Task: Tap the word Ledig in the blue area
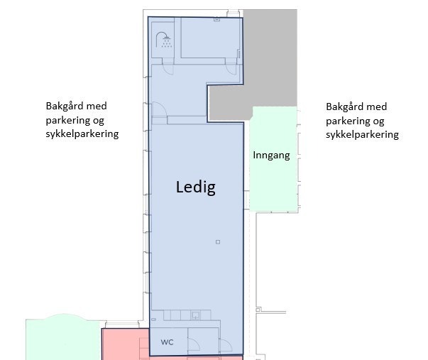(x=195, y=188)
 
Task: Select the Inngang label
(x=271, y=155)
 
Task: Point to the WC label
(x=167, y=342)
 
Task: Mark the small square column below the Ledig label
(x=218, y=243)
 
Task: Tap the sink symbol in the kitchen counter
(x=195, y=315)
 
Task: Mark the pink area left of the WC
(x=124, y=344)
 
